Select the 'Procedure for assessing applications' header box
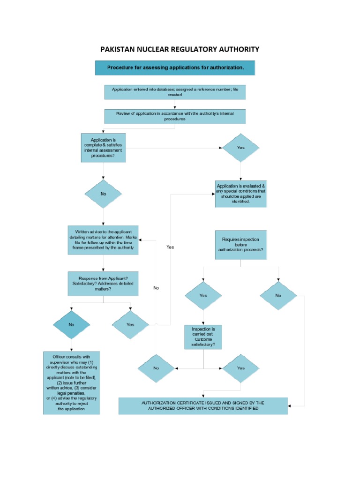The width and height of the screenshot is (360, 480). click(x=175, y=67)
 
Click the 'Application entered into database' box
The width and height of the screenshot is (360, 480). click(x=175, y=92)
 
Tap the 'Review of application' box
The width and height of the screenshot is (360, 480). click(x=175, y=116)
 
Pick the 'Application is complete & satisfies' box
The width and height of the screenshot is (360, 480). click(x=103, y=148)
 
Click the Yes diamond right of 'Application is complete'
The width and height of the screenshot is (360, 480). click(x=240, y=148)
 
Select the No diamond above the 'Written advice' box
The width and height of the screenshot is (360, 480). click(x=103, y=194)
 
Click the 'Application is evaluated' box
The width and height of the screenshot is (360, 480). click(x=241, y=194)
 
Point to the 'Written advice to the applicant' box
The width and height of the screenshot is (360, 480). click(x=103, y=240)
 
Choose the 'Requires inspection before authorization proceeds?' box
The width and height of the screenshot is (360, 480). click(x=240, y=244)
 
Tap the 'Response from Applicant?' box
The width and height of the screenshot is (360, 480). click(x=103, y=283)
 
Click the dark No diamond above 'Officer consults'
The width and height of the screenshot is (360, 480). click(x=71, y=324)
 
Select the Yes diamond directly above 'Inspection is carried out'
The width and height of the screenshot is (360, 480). click(x=203, y=296)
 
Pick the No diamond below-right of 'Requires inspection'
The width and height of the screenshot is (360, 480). click(x=278, y=296)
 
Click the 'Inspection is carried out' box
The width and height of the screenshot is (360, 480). click(x=203, y=337)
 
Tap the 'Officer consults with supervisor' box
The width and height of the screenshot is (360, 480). click(x=72, y=383)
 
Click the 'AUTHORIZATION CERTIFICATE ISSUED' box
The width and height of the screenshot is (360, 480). click(x=203, y=406)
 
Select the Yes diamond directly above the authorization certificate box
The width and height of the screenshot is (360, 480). click(x=240, y=368)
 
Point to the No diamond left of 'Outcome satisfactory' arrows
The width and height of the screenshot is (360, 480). click(x=156, y=368)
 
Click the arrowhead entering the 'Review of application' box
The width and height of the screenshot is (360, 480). click(x=175, y=107)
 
